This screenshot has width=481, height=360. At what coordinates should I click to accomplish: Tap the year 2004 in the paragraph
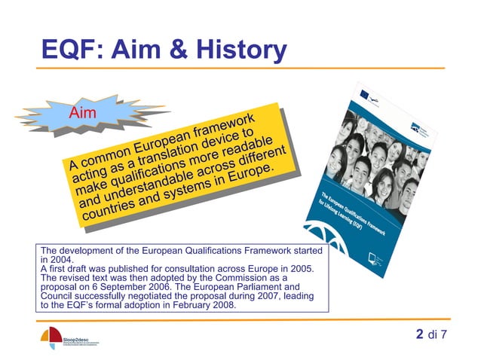(52, 259)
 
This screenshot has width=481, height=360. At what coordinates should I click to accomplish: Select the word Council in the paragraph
(58, 296)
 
